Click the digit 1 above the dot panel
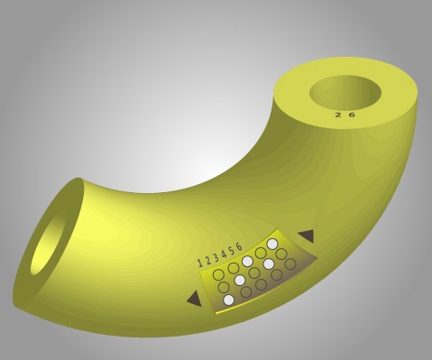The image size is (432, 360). pyautogui.click(x=200, y=263)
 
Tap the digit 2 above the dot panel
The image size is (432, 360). pyautogui.click(x=208, y=260)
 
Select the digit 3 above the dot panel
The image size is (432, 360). pyautogui.click(x=216, y=257)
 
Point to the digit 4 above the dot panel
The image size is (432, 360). pyautogui.click(x=224, y=254)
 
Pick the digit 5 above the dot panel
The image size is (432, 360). pyautogui.click(x=232, y=251)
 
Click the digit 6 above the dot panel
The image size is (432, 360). pyautogui.click(x=239, y=246)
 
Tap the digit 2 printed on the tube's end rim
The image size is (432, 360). pyautogui.click(x=338, y=115)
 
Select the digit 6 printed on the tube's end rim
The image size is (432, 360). pyautogui.click(x=352, y=115)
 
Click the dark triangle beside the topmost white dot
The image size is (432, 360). pyautogui.click(x=307, y=235)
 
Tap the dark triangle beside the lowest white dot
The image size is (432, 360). pyautogui.click(x=195, y=299)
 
